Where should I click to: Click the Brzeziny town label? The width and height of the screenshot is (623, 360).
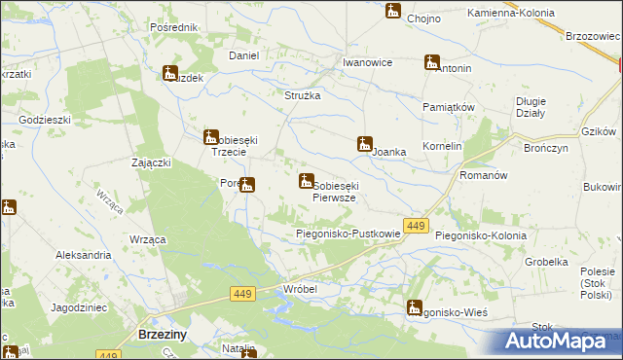pos(150,334)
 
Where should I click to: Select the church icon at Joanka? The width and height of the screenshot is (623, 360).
pos(365,145)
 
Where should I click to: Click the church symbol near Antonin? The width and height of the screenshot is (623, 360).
pos(431,63)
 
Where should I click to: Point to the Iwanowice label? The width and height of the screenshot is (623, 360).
pos(367,62)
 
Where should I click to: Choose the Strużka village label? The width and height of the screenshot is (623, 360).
pos(302,95)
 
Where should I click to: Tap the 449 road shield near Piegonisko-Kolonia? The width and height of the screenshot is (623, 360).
pos(416,226)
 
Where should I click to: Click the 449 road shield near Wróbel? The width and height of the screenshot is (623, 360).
pos(243,293)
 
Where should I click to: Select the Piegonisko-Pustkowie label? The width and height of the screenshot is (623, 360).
pos(348,234)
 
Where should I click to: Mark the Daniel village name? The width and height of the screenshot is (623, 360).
pos(243,55)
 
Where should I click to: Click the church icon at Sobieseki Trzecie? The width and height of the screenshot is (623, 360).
pos(210,137)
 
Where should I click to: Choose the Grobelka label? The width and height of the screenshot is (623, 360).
pos(546,262)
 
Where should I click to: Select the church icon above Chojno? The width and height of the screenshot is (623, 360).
pos(392,12)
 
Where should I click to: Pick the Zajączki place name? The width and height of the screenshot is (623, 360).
pos(152,163)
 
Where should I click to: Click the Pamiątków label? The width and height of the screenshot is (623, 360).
pos(448,106)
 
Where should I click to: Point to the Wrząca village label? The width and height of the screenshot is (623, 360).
pos(146,238)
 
